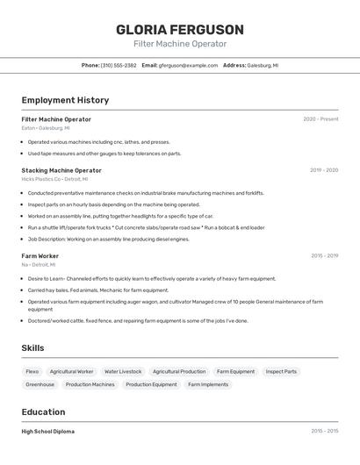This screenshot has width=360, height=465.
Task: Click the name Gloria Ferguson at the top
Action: coord(180,29)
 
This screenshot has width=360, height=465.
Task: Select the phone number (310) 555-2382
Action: coord(119,65)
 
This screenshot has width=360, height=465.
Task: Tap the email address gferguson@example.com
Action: coord(188,65)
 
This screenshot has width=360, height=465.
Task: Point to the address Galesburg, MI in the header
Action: coord(263,65)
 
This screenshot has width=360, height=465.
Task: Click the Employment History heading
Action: coord(65,100)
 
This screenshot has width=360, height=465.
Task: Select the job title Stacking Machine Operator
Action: coord(61,170)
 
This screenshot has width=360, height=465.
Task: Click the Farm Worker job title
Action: coord(40,256)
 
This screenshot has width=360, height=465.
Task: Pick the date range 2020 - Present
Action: coord(320,119)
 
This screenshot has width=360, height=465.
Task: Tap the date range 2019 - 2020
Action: coord(324,170)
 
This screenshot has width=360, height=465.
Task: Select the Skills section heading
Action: coord(32,348)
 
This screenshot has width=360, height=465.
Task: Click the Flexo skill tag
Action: coord(32,371)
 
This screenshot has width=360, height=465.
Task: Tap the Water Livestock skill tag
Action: coord(123,371)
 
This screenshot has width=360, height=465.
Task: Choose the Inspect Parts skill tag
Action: coord(281,371)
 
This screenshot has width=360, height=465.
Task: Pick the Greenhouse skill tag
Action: coord(40,384)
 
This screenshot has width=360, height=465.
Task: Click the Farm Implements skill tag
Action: coord(208,384)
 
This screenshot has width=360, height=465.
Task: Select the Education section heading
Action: coord(43,412)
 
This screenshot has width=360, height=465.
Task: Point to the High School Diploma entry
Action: coord(48,432)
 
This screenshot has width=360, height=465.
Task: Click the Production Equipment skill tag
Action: coord(151,384)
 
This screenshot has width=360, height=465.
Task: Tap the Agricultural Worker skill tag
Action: coord(71,371)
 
